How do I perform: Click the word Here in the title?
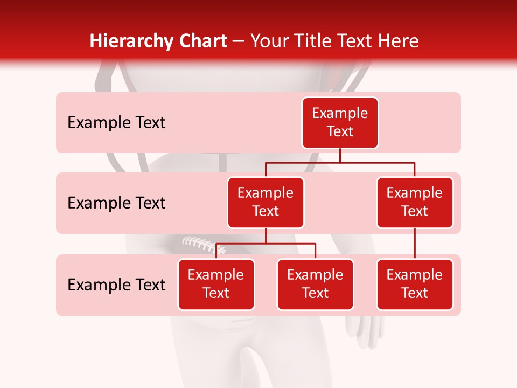397,41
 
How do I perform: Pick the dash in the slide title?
238,42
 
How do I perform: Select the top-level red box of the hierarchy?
340,122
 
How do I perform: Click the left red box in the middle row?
266,202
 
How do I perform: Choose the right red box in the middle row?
415,202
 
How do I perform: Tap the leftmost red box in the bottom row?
216,284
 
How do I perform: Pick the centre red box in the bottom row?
315,284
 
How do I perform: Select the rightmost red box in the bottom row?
415,284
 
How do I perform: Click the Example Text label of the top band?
116,123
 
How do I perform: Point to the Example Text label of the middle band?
116,203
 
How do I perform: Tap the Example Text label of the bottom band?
116,285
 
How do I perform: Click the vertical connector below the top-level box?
340,155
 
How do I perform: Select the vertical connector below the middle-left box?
266,235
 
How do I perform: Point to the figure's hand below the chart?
366,329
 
